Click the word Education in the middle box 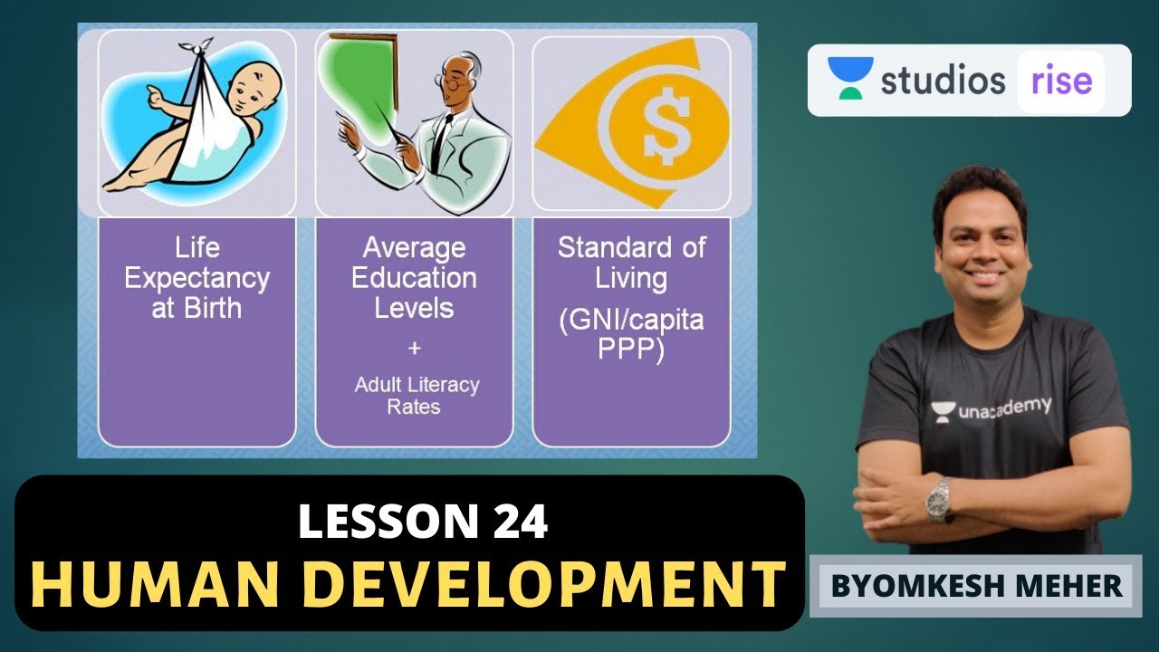point(414,278)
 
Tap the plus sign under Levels point(414,348)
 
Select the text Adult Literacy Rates point(417,396)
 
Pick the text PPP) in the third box point(631,350)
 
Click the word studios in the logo point(943,80)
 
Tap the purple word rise point(1061,81)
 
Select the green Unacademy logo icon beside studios point(850,77)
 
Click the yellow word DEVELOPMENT point(533,584)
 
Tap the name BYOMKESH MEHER point(976,586)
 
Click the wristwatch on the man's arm point(939,499)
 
